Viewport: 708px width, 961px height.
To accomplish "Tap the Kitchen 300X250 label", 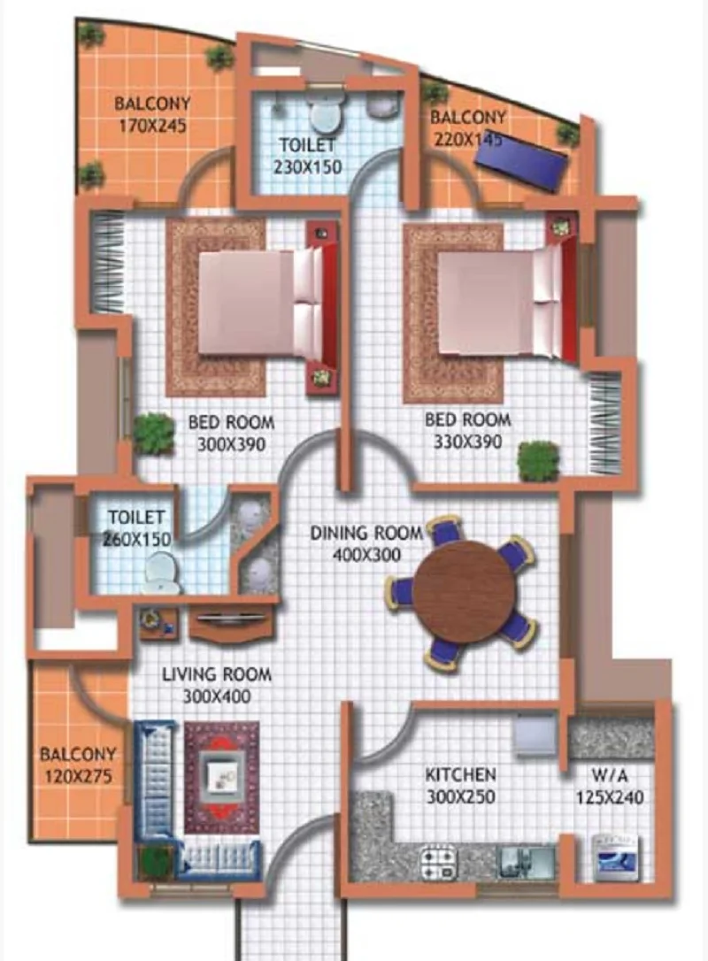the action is click(x=461, y=786).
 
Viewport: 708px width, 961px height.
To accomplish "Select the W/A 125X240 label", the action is click(x=609, y=787).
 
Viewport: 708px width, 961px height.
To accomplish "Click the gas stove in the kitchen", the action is click(x=439, y=861).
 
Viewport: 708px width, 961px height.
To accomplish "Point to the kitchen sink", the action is click(x=527, y=861).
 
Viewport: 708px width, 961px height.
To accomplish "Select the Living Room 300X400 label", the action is click(x=217, y=685).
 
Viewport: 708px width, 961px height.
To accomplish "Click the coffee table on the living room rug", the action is click(x=221, y=777).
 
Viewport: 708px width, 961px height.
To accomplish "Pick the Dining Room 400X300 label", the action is click(x=366, y=543).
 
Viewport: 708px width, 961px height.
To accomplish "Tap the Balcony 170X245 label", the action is click(x=152, y=115).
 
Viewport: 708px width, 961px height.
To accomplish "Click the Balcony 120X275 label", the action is click(x=78, y=765).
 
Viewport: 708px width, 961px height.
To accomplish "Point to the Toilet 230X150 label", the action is click(x=307, y=156).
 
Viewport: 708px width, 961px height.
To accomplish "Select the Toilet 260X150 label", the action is click(x=136, y=528).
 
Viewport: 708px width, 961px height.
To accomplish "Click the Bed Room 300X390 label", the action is click(x=231, y=433).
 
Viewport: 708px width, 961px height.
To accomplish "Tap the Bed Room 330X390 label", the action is click(x=467, y=430).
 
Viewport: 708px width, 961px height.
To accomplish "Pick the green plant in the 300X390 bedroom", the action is click(x=154, y=434).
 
